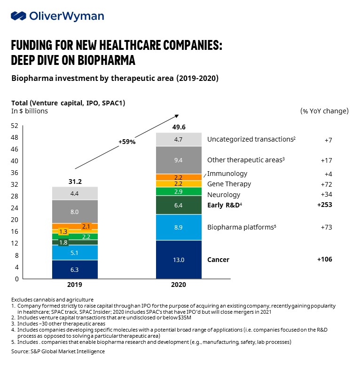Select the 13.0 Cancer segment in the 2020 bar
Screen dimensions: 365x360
(x=179, y=259)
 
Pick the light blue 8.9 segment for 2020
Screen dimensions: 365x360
(x=179, y=227)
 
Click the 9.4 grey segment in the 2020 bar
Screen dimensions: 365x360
(x=179, y=160)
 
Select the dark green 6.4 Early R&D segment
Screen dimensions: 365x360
(x=179, y=205)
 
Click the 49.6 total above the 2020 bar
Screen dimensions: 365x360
(x=179, y=127)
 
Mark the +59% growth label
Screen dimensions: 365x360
(x=127, y=141)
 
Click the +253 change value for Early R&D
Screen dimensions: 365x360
(x=325, y=205)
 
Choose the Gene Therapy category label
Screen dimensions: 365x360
(x=229, y=184)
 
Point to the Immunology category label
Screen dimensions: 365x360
(x=227, y=174)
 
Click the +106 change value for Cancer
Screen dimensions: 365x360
(x=325, y=259)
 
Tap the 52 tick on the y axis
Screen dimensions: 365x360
(x=15, y=126)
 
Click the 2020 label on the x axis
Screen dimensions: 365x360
(x=179, y=285)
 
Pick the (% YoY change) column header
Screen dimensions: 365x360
(x=324, y=111)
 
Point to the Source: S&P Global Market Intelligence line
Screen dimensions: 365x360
(x=58, y=351)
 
